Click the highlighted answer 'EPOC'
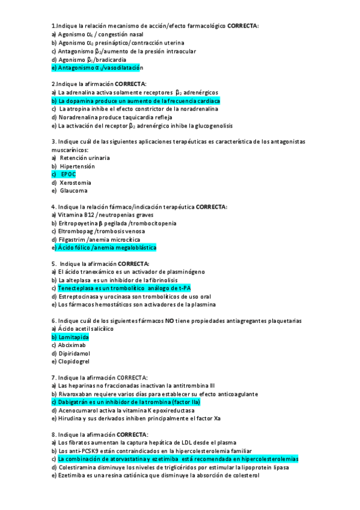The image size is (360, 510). point(68,174)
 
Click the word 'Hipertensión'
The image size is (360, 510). point(77,165)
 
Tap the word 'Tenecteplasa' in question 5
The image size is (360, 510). point(76,288)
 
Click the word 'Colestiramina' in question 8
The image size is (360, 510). point(78,467)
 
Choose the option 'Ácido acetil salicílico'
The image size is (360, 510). point(85,329)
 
